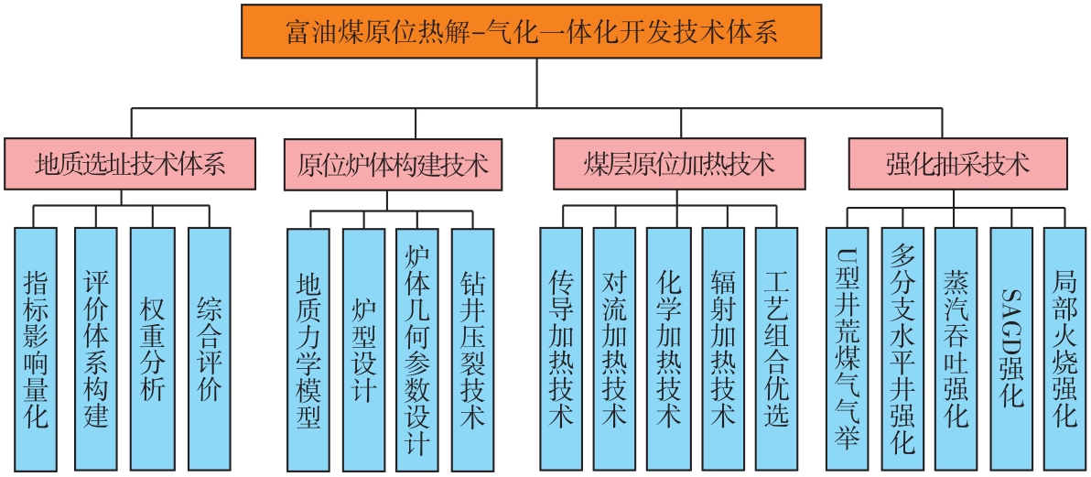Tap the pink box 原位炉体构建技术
pyautogui.click(x=393, y=165)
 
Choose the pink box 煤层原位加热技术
pyautogui.click(x=679, y=165)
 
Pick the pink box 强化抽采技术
pyautogui.click(x=957, y=165)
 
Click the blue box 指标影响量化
pyautogui.click(x=36, y=348)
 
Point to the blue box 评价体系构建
pyautogui.click(x=95, y=348)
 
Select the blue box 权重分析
pyautogui.click(x=151, y=348)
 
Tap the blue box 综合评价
pyautogui.click(x=209, y=348)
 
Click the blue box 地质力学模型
pyautogui.click(x=308, y=348)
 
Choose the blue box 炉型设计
pyautogui.click(x=363, y=348)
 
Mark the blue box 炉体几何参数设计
pyautogui.click(x=416, y=348)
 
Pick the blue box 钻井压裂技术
pyautogui.click(x=472, y=348)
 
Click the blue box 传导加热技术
pyautogui.click(x=560, y=348)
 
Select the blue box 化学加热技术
pyautogui.click(x=668, y=348)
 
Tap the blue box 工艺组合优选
pyautogui.click(x=776, y=348)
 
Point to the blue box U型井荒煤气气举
pyautogui.click(x=848, y=348)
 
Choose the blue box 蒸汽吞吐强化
pyautogui.click(x=956, y=348)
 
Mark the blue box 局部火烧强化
pyautogui.click(x=1065, y=348)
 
